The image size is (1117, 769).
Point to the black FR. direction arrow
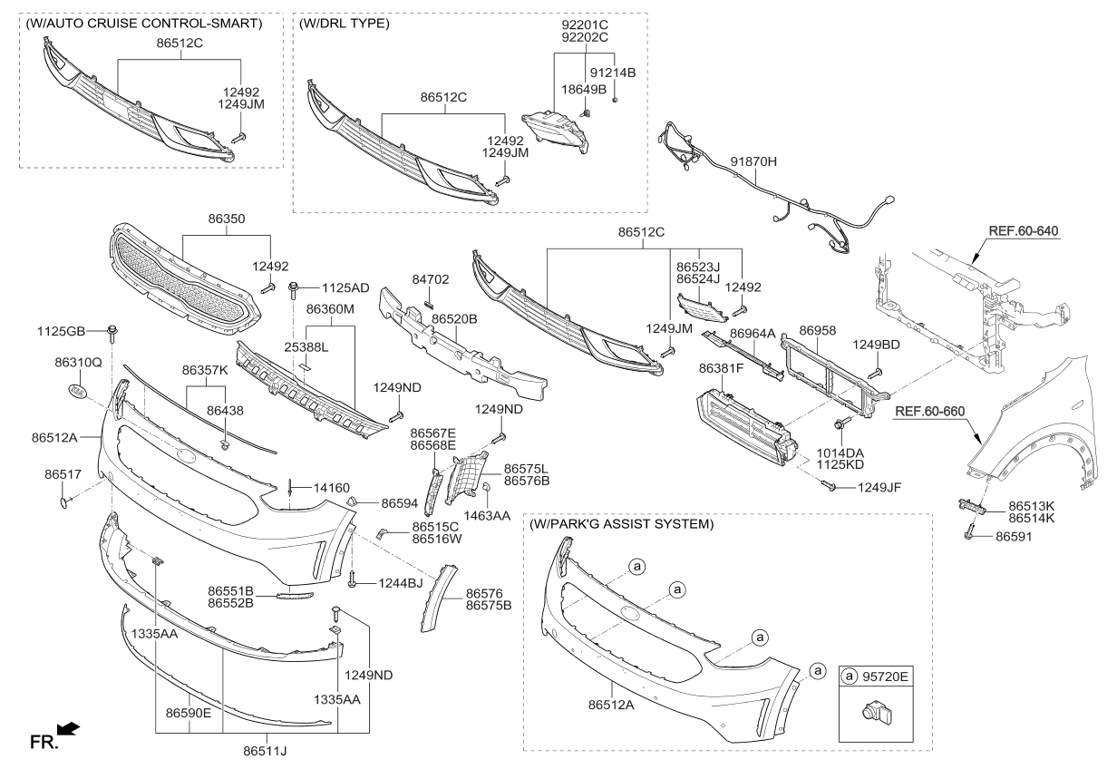click(x=68, y=728)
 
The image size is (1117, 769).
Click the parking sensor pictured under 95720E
click(x=873, y=715)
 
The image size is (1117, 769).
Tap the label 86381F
click(x=721, y=369)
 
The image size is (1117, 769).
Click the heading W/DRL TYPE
click(x=345, y=24)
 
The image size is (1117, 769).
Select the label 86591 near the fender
click(x=1015, y=537)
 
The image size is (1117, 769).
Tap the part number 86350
click(x=226, y=219)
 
